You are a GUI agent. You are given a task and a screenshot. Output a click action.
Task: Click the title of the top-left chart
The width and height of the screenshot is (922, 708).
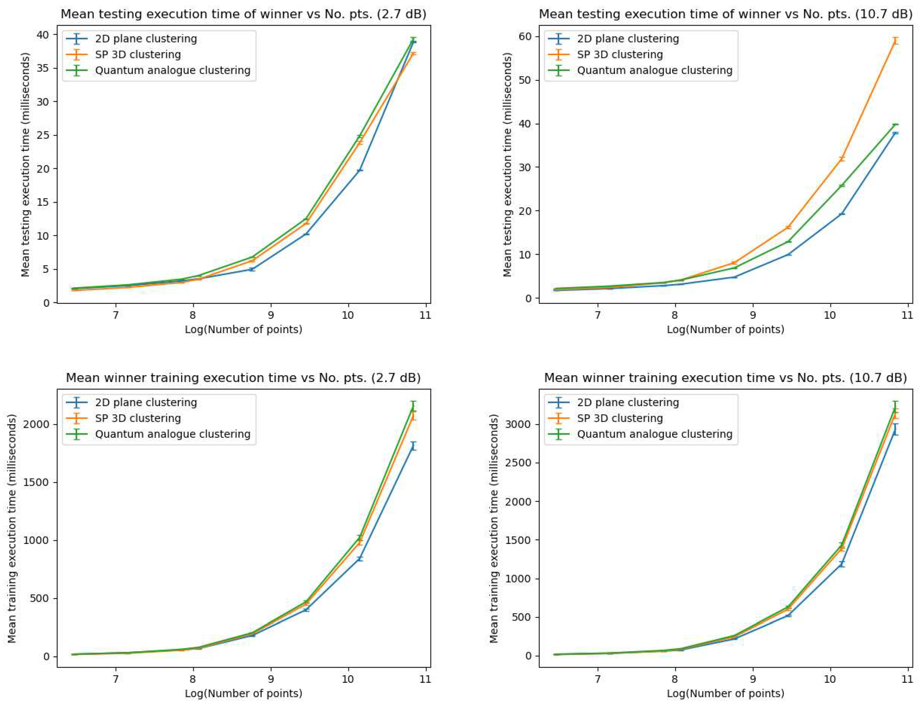pos(244,14)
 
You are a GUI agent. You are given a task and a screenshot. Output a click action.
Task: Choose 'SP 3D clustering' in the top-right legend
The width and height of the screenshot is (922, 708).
pos(620,54)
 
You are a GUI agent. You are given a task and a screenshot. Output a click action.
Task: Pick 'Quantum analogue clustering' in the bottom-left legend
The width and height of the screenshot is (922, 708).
pos(173,434)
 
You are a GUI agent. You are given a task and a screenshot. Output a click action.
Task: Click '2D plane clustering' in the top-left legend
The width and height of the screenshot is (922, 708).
pos(146,39)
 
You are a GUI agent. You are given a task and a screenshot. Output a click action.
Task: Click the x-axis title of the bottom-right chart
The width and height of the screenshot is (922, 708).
pos(725,693)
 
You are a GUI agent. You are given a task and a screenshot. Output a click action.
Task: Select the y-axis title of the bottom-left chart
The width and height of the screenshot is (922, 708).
pos(12,529)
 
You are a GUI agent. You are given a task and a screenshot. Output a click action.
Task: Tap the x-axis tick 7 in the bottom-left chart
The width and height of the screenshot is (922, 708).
pos(116,679)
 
